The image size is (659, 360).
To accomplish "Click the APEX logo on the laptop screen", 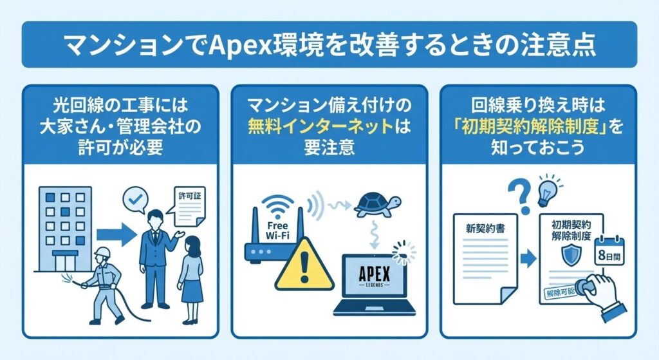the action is tap(374, 276).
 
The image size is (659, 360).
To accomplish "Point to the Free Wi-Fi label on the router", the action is tap(277, 231).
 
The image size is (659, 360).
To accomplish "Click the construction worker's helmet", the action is tap(102, 252).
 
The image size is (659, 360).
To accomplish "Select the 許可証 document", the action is tap(189, 206).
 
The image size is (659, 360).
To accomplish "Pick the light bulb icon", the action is tap(550, 191).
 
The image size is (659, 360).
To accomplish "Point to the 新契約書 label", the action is tap(485, 229).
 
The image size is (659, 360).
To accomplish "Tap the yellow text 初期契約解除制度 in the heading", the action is tap(530, 127).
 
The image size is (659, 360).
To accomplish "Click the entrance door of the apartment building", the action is tap(65, 261).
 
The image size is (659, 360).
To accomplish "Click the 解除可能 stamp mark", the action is tap(562, 293).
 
